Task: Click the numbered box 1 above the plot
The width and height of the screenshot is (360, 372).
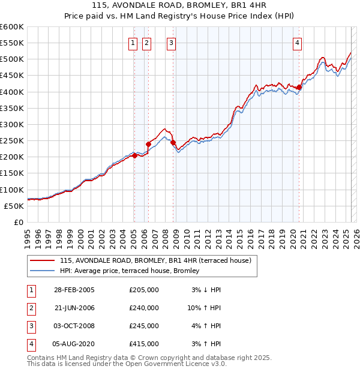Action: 132,43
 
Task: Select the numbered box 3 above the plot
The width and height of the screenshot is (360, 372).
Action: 172,43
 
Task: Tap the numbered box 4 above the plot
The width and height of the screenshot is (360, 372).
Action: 298,43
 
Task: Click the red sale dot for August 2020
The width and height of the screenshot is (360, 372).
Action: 299,88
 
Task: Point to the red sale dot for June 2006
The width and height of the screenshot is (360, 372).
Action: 148,144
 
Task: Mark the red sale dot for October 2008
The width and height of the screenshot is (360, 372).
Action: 173,143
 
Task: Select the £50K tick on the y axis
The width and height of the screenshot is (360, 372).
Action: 14,206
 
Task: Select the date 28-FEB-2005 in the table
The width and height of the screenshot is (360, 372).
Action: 74,290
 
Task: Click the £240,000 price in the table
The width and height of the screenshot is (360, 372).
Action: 144,308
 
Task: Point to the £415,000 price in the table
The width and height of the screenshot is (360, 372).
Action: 144,344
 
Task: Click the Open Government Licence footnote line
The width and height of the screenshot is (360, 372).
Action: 127,364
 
